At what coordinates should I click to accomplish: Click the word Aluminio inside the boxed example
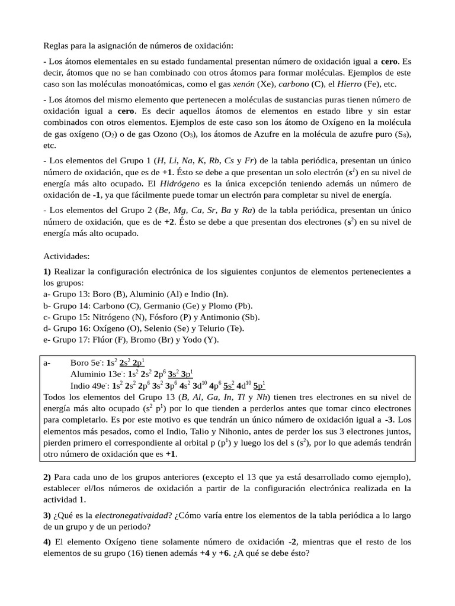[87, 374]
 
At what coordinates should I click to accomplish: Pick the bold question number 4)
[47, 542]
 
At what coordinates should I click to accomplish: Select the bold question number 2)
[47, 477]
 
